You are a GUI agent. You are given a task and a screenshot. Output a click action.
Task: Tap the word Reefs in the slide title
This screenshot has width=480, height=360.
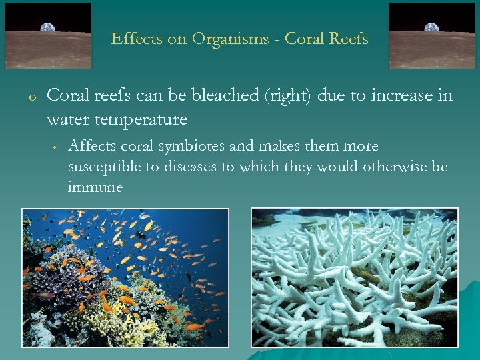[346, 39]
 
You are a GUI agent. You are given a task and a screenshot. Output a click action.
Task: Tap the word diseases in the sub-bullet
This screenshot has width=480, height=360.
[189, 167]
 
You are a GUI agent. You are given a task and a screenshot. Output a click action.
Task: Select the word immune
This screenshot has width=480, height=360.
[95, 187]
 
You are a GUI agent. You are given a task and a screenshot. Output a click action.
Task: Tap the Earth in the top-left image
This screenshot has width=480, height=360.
[48, 27]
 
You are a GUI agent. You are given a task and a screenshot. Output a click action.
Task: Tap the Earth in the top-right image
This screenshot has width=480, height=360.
[433, 27]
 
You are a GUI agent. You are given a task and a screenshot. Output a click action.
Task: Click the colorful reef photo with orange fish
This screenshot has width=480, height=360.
[125, 277]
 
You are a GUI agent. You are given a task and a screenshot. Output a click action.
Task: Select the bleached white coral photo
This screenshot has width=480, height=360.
[354, 277]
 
